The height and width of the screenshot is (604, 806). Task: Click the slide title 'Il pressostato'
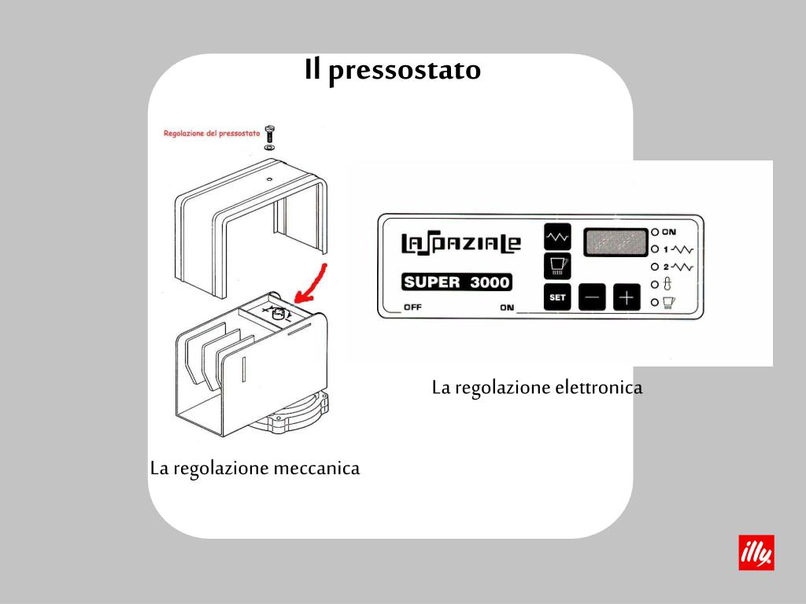(393, 70)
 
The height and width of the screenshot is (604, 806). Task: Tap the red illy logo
(756, 552)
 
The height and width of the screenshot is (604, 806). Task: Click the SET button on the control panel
(556, 297)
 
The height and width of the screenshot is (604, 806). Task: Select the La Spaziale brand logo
(460, 243)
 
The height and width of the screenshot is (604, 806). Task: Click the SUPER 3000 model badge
(457, 281)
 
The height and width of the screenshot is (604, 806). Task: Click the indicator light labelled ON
(654, 232)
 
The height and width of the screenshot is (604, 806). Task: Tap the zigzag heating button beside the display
(556, 235)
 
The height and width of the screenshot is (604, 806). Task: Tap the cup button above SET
(556, 265)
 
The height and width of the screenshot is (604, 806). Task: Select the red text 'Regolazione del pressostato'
(212, 133)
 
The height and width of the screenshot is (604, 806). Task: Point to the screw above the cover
(270, 134)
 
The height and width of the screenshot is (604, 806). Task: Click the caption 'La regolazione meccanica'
(255, 469)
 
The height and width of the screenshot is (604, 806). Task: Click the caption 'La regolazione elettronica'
(537, 388)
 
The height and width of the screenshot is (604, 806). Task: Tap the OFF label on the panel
(412, 307)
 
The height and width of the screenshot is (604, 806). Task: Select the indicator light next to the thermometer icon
(654, 284)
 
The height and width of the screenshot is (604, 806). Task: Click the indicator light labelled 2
(654, 267)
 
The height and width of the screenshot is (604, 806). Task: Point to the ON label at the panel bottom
(507, 308)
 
